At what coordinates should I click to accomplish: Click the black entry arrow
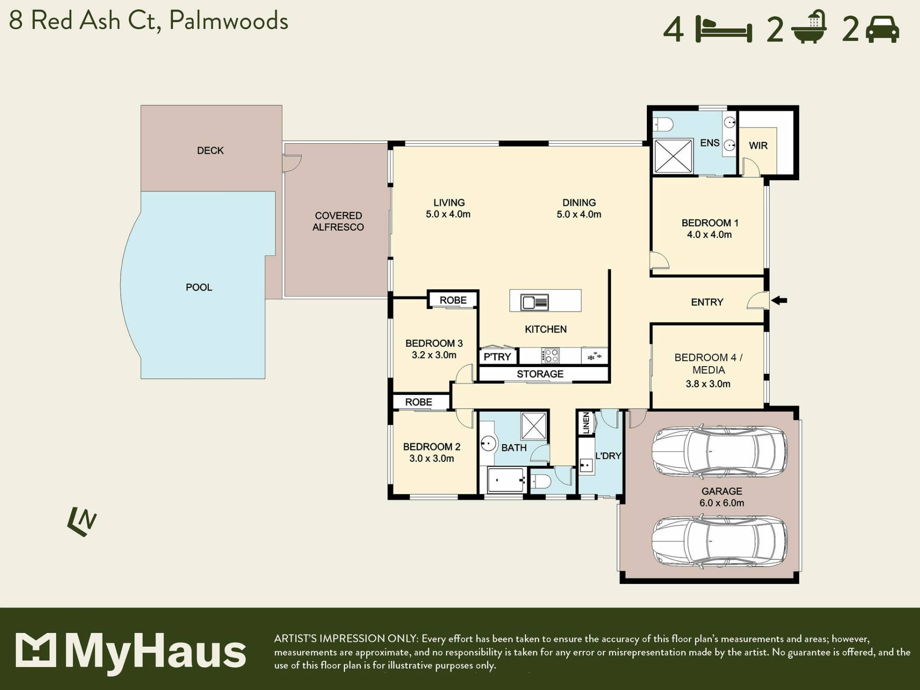779,300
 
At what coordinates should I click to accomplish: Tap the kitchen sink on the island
534,302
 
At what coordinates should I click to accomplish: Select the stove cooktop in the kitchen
550,356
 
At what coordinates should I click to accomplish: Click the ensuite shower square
673,156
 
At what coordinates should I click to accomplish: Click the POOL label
199,287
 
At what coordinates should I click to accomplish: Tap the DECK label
210,150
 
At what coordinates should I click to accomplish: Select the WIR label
758,145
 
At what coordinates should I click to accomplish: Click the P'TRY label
497,356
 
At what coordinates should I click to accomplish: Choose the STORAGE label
540,374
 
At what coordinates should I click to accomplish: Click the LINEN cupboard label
586,423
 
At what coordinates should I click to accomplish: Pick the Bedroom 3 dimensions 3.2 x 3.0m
434,355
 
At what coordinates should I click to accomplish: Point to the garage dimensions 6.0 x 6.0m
722,503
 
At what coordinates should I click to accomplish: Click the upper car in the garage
719,451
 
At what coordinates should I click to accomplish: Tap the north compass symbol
82,521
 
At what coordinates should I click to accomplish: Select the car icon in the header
883,30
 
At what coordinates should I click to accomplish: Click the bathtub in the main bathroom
506,480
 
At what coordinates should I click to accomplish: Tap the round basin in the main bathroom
488,443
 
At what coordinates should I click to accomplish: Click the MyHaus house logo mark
35,650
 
